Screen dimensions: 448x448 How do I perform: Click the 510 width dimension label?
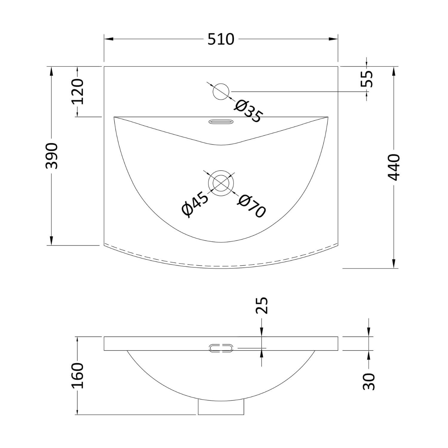point(221,39)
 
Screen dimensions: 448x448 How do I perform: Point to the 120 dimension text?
point(78,91)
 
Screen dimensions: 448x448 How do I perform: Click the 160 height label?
point(78,376)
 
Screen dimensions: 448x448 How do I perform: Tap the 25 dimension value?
point(262,306)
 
